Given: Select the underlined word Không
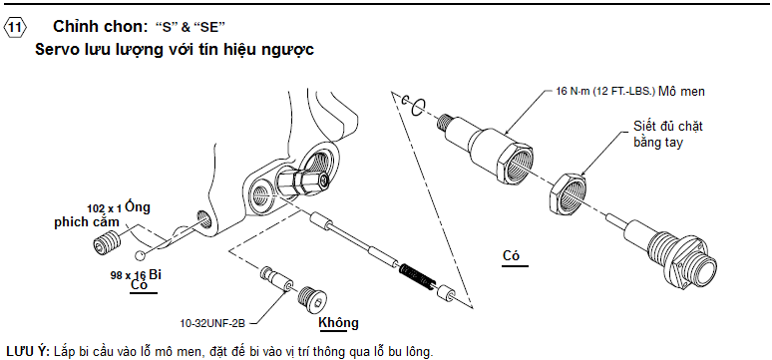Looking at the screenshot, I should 338,323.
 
